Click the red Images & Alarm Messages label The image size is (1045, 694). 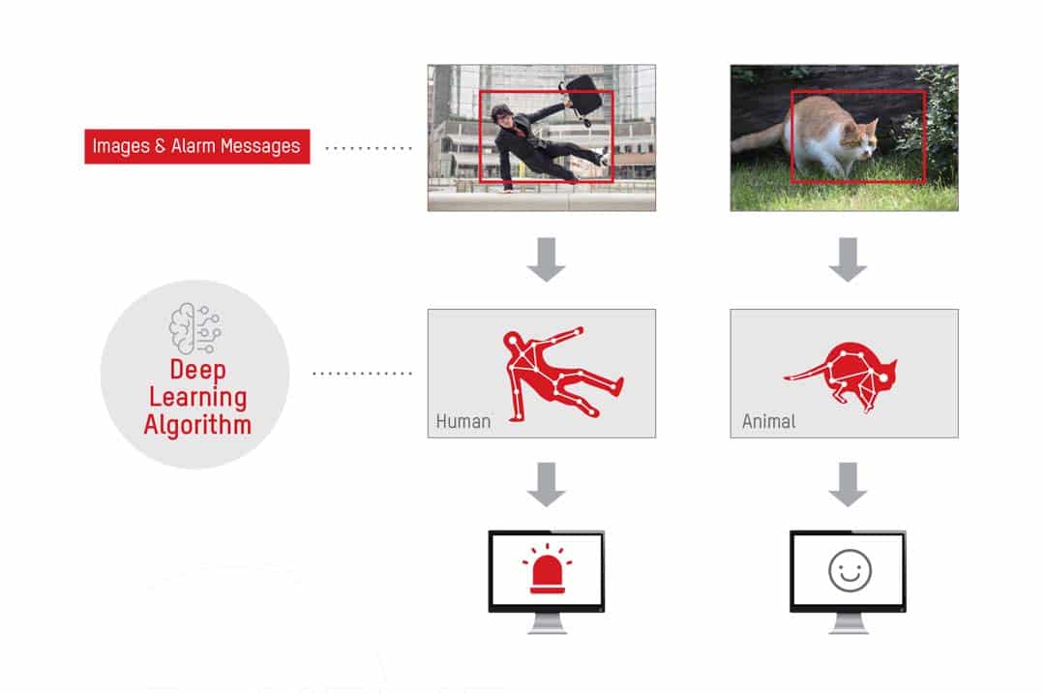(x=197, y=146)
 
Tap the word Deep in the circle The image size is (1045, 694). (x=198, y=370)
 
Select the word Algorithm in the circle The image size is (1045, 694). (x=197, y=425)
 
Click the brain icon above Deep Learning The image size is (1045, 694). (x=195, y=328)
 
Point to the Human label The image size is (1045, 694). (x=463, y=421)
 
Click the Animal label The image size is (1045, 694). (x=769, y=421)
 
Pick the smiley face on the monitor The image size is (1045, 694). (x=850, y=571)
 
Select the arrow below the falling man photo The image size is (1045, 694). (x=546, y=259)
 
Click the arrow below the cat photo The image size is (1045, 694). (x=848, y=259)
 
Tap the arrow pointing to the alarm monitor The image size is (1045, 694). (x=546, y=485)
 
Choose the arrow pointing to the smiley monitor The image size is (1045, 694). (x=848, y=485)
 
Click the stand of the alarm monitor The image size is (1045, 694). (x=547, y=624)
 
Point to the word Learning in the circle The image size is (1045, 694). (x=198, y=398)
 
